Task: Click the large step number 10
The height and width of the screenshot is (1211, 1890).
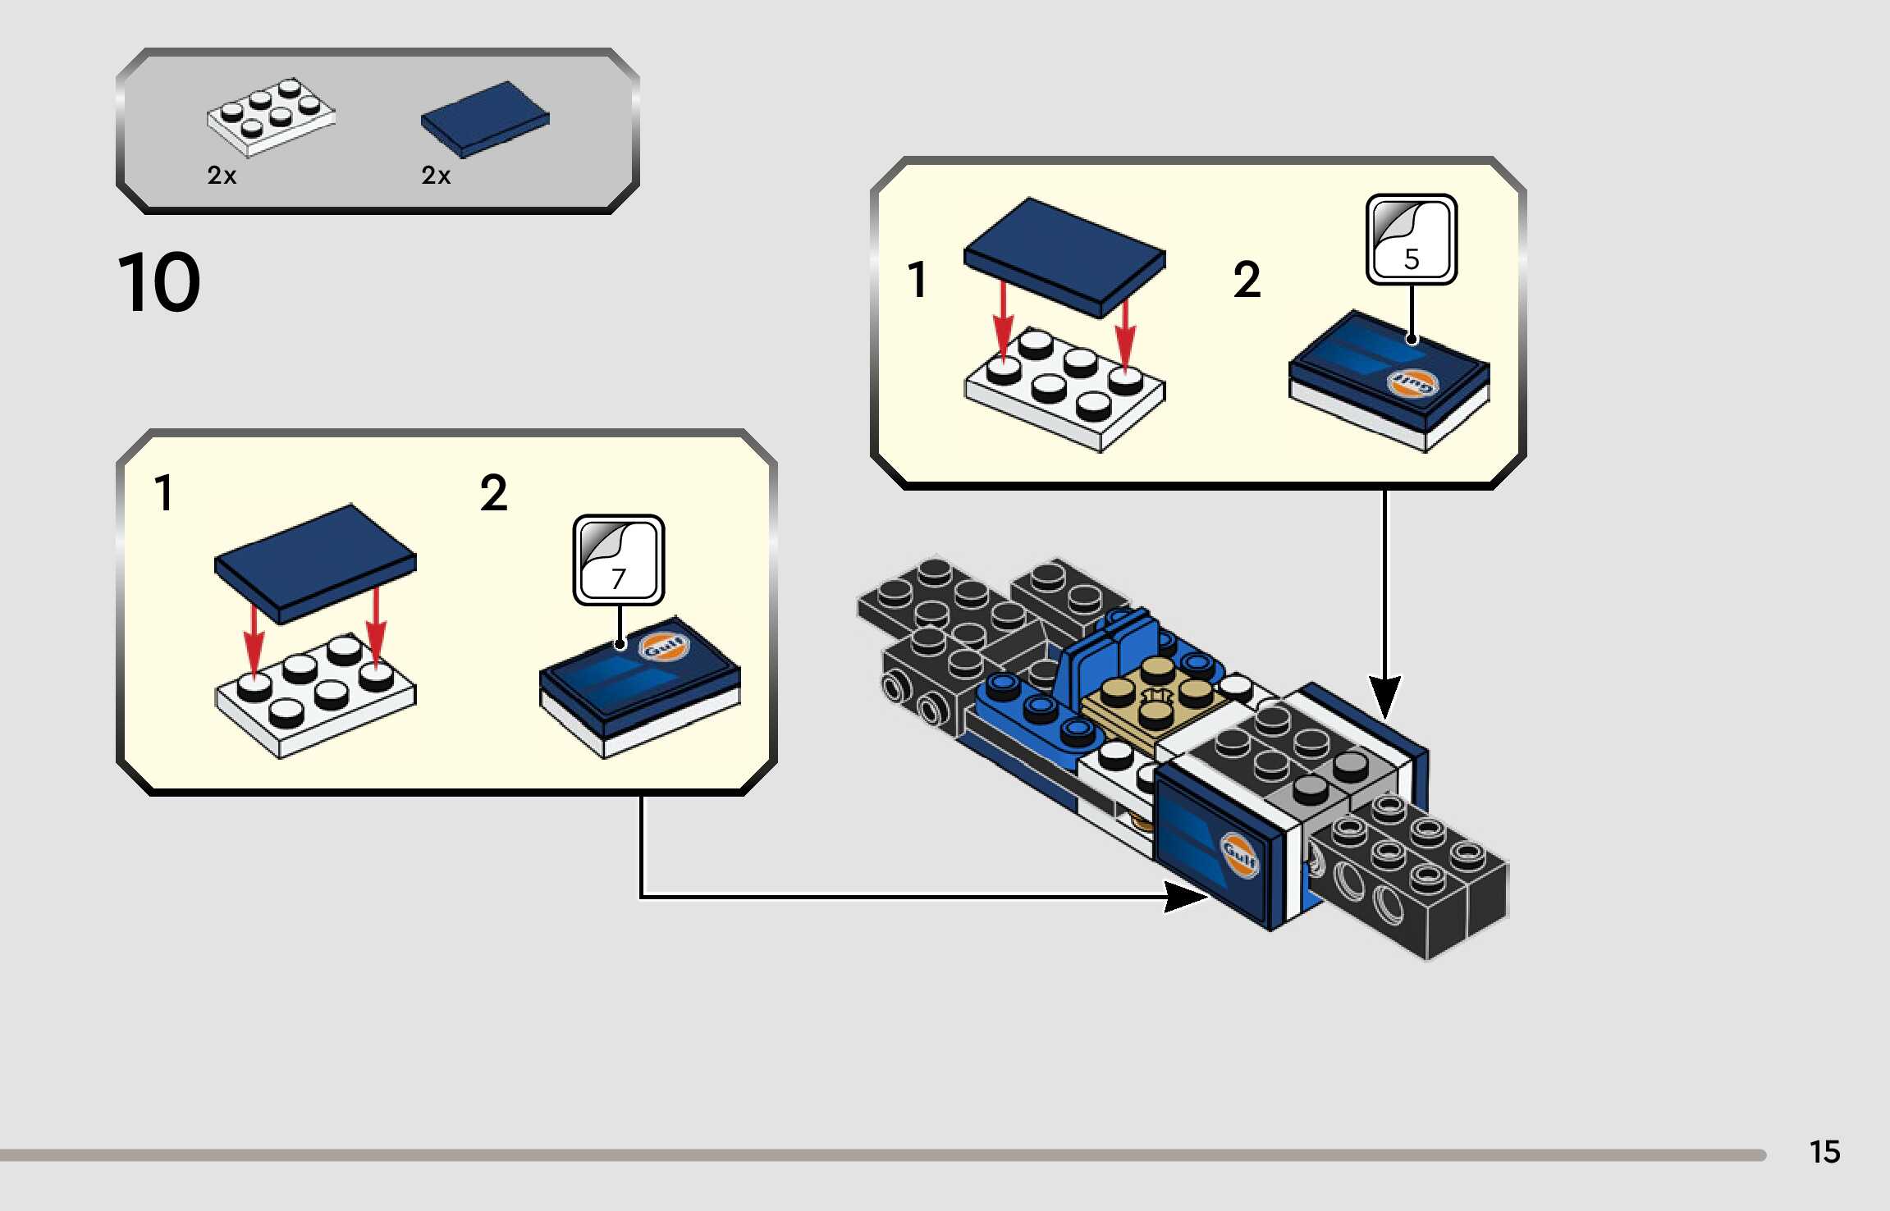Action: [158, 283]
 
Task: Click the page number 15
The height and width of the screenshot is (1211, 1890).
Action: [1824, 1152]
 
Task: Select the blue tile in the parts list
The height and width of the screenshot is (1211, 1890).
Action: [485, 118]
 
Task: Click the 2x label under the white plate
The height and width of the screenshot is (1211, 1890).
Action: [222, 176]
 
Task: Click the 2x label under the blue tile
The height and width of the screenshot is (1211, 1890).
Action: [436, 176]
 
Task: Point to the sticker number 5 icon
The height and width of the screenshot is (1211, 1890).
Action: [1411, 240]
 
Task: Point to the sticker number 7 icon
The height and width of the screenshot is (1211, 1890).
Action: [618, 560]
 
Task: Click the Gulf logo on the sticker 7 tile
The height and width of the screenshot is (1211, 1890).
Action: [663, 647]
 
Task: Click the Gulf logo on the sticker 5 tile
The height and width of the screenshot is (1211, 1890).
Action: [1412, 382]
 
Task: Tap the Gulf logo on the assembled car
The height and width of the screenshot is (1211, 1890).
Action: [1238, 854]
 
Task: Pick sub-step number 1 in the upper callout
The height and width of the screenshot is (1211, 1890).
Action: [918, 280]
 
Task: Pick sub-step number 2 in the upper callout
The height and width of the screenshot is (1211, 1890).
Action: [1247, 280]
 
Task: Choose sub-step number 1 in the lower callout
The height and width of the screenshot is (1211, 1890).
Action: [163, 493]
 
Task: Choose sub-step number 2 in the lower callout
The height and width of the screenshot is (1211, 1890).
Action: [493, 493]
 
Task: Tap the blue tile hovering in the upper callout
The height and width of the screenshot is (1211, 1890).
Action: [1064, 256]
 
